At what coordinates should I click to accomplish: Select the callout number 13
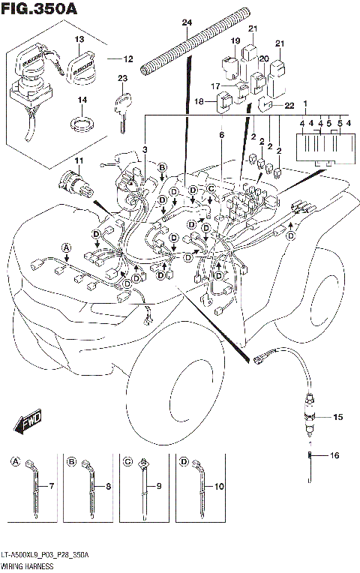coord(79,38)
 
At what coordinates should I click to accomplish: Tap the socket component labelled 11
coord(73,182)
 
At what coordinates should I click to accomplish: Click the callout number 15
coord(337,416)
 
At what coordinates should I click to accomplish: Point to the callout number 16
coord(334,455)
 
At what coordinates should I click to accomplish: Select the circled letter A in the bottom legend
coord(16,462)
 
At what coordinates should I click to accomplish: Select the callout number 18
coord(199,101)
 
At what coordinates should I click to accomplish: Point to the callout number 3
coord(145,151)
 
